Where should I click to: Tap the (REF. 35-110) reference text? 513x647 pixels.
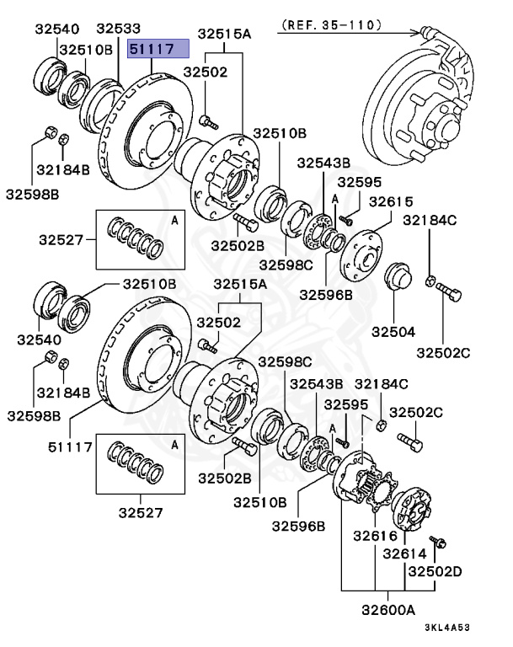pos(330,26)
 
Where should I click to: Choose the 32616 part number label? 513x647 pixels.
pos(375,535)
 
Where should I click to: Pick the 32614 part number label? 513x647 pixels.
pos(405,554)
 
